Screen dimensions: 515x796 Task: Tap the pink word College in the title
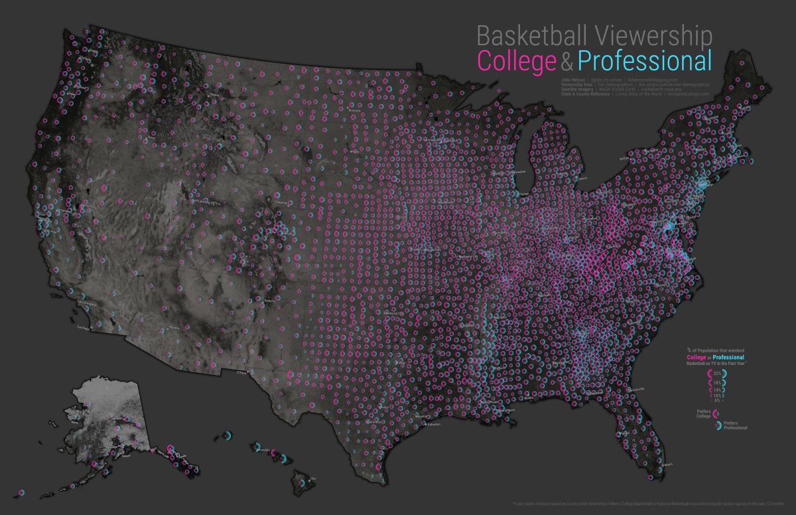coord(517,61)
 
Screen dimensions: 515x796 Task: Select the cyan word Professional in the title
coord(644,61)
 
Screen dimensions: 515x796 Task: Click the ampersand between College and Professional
coord(566,62)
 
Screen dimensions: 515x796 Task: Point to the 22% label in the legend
coord(717,374)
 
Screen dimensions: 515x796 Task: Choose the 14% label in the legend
coord(717,390)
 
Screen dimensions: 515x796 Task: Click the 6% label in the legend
coord(717,400)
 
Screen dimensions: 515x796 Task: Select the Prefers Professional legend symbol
coord(718,425)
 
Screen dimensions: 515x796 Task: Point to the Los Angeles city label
coord(87,302)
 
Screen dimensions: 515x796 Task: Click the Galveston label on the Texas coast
coord(431,424)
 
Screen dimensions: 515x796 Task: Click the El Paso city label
coord(243,372)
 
